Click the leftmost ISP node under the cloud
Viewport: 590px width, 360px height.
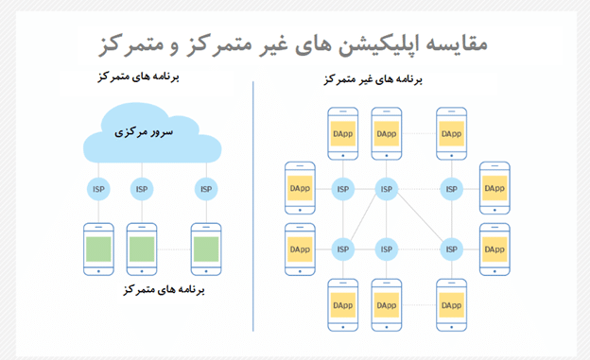pos(98,190)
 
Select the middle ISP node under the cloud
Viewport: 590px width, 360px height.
pos(141,190)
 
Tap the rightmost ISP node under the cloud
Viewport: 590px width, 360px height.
pos(206,190)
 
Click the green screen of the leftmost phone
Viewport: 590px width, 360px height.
pos(98,249)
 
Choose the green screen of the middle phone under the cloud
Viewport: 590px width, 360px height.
pos(141,249)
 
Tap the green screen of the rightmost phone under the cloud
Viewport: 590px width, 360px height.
pos(206,249)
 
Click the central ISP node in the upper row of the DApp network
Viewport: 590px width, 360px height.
pos(386,190)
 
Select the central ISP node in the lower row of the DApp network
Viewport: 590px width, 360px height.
pos(386,249)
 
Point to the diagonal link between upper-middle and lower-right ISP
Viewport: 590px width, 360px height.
pos(417,220)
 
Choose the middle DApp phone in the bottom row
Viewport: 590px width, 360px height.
pos(386,304)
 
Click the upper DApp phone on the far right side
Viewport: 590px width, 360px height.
pos(493,189)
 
